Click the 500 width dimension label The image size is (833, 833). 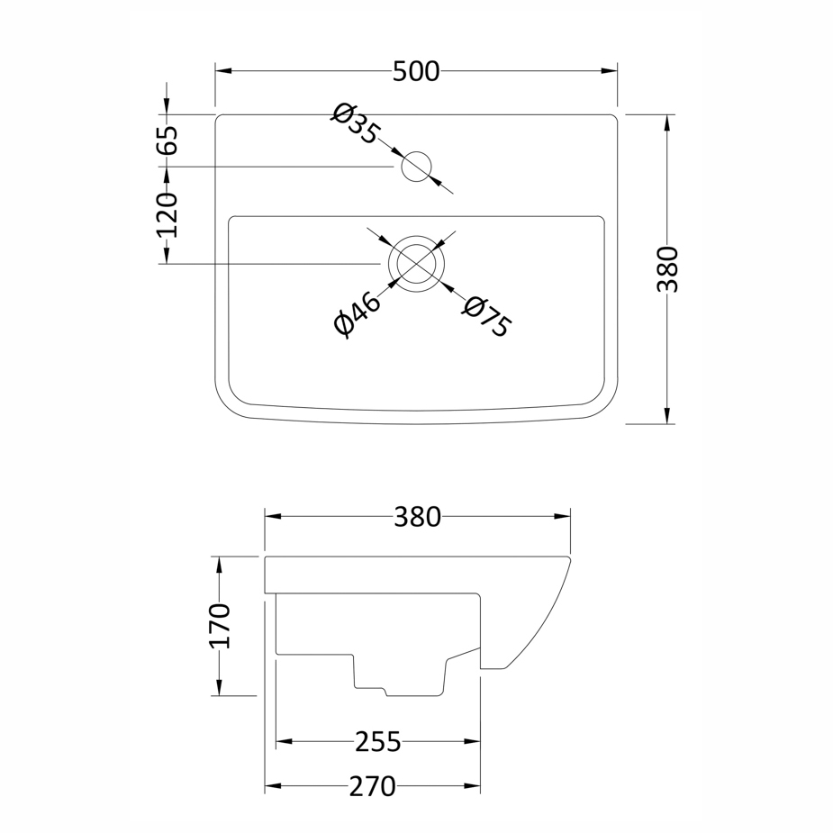click(x=416, y=71)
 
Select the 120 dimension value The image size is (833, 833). click(x=167, y=214)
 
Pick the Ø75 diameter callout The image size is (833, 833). click(x=486, y=317)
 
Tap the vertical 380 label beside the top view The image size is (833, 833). click(x=668, y=269)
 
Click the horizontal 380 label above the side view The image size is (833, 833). click(x=417, y=517)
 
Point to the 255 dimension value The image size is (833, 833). click(x=377, y=742)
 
